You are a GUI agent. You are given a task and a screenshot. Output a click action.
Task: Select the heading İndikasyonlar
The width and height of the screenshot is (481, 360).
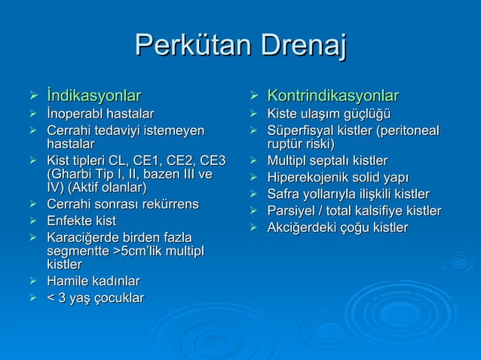pyautogui.click(x=93, y=96)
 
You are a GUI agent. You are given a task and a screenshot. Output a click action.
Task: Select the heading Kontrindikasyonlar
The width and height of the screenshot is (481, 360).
pyautogui.click(x=333, y=96)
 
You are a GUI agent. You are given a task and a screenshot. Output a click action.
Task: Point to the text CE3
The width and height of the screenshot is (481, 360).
pyautogui.click(x=210, y=160)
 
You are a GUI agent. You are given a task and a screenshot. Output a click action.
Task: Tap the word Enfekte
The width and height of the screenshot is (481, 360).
pyautogui.click(x=70, y=221)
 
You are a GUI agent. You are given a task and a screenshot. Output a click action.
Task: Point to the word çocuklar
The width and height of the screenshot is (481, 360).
pyautogui.click(x=117, y=298)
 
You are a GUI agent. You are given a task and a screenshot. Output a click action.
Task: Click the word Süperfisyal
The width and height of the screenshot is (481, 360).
pyautogui.click(x=302, y=131)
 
